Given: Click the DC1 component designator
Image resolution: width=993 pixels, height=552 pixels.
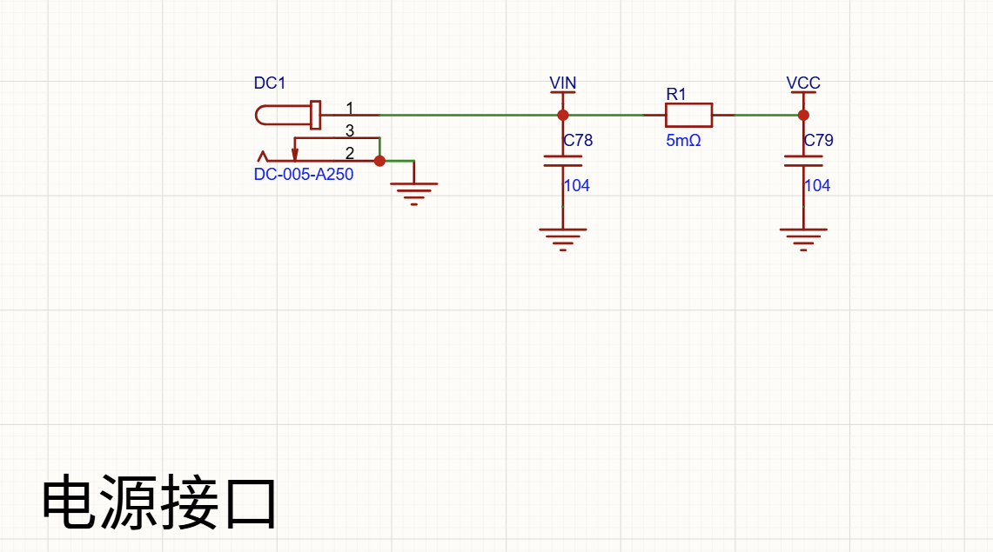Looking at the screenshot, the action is (270, 83).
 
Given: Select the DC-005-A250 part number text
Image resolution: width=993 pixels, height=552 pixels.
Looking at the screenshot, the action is (304, 175).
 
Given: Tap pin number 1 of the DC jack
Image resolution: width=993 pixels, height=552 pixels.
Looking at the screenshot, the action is (350, 108).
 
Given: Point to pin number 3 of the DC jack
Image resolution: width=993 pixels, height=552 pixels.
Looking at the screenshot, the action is (350, 130).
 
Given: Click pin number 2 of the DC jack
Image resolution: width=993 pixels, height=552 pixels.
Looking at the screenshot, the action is (350, 153).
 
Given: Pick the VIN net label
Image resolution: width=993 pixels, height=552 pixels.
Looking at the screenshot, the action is (562, 83).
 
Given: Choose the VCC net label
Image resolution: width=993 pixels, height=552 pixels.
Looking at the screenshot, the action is (803, 83).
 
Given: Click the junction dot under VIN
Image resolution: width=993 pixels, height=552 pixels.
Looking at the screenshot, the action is (562, 115).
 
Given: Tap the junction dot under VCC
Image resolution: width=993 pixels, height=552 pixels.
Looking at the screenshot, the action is (803, 115).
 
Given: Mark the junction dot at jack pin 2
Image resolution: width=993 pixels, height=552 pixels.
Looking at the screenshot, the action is (379, 161).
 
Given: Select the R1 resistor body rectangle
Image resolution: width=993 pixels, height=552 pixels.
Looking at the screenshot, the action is (689, 115).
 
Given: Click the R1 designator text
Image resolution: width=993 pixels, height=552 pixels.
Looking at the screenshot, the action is (676, 94).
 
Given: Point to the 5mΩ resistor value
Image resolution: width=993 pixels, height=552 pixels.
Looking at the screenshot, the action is (683, 140).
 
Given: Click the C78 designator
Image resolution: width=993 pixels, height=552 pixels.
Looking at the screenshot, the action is (578, 140).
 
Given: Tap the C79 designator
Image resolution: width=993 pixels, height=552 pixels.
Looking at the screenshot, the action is (819, 140).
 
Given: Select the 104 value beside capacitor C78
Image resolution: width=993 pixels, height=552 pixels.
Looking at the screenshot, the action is (577, 186).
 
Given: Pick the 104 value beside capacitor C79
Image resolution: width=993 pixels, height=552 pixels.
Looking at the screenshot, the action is (817, 186).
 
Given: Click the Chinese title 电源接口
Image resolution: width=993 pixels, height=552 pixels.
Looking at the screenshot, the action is (159, 502).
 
